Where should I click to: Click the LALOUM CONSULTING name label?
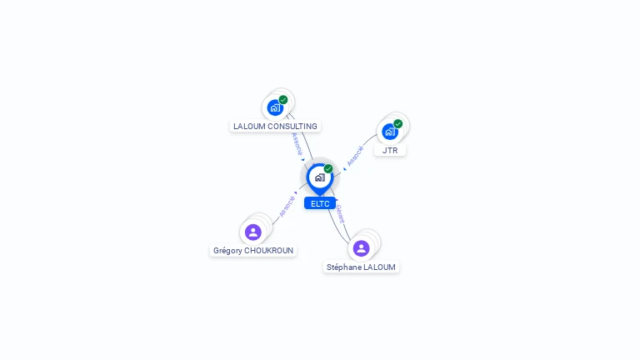pyautogui.click(x=275, y=127)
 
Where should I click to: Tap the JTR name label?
pyautogui.click(x=390, y=151)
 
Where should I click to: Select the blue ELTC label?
pyautogui.click(x=320, y=203)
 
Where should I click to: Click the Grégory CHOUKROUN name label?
pyautogui.click(x=253, y=251)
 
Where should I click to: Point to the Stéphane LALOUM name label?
pyautogui.click(x=361, y=267)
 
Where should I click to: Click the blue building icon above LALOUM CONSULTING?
pyautogui.click(x=275, y=107)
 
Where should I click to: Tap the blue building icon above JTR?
pyautogui.click(x=389, y=131)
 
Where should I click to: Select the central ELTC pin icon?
pyautogui.click(x=319, y=177)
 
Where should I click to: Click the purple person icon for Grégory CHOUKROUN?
pyautogui.click(x=253, y=232)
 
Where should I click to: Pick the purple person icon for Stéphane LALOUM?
pyautogui.click(x=361, y=248)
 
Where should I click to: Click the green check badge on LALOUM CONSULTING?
pyautogui.click(x=283, y=100)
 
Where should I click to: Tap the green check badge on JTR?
pyautogui.click(x=398, y=123)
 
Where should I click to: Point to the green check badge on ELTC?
pyautogui.click(x=328, y=169)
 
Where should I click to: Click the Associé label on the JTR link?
pyautogui.click(x=356, y=156)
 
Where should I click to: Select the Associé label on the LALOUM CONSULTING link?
pyautogui.click(x=297, y=143)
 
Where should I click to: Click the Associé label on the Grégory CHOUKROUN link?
pyautogui.click(x=287, y=206)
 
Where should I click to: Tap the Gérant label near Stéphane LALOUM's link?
pyautogui.click(x=339, y=214)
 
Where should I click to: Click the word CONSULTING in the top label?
pyautogui.click(x=291, y=127)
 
